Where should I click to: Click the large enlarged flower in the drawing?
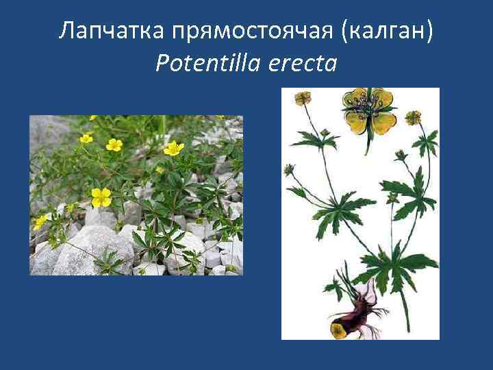point(369,110)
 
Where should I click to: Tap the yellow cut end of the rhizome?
point(338,330)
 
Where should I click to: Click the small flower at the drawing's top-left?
point(303,99)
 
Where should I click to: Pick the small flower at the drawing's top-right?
point(412,117)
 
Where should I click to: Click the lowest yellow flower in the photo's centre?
point(101,197)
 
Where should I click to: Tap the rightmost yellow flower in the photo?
point(174,147)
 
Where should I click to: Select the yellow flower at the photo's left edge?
point(40,221)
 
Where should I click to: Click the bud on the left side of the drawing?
point(290,169)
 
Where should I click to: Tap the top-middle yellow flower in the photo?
point(114,145)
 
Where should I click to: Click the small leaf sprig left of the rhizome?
point(336,288)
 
